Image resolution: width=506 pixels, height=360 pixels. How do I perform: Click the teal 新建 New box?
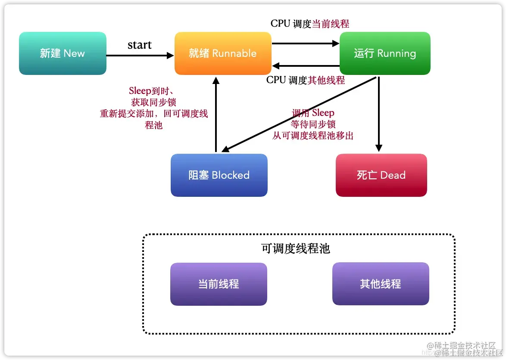pyautogui.click(x=62, y=53)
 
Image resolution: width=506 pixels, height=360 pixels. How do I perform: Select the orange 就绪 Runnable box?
pyautogui.click(x=223, y=53)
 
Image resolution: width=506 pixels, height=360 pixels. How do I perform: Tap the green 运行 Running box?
pyautogui.click(x=385, y=53)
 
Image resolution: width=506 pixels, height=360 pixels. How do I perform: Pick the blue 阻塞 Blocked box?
pyautogui.click(x=219, y=175)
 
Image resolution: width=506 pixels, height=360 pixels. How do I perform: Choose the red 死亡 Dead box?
pyautogui.click(x=381, y=175)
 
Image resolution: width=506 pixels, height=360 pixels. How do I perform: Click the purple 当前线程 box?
pyautogui.click(x=219, y=284)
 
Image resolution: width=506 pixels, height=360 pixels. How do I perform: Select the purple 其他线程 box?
pyautogui.click(x=381, y=284)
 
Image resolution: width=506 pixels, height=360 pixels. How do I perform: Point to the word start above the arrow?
pyautogui.click(x=140, y=45)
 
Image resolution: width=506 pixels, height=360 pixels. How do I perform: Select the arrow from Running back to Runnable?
pyautogui.click(x=306, y=66)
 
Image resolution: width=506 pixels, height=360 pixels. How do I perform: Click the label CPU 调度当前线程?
pyautogui.click(x=310, y=24)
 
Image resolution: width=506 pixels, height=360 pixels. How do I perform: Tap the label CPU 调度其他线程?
pyautogui.click(x=306, y=80)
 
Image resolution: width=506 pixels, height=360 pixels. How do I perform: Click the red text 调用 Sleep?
pyautogui.click(x=313, y=113)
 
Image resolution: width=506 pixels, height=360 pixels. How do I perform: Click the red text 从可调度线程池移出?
pyautogui.click(x=313, y=136)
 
